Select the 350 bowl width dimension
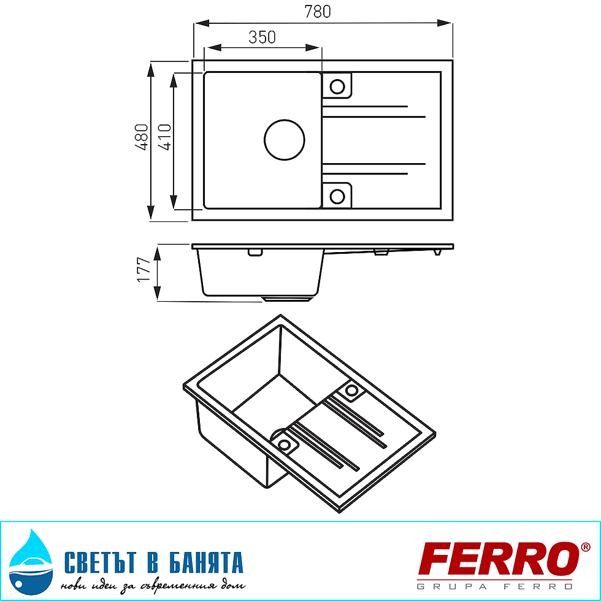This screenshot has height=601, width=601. click(x=262, y=37)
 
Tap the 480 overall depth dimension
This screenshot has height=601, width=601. click(x=142, y=137)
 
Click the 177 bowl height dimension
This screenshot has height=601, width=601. click(x=144, y=269)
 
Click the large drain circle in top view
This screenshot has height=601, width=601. click(x=284, y=139)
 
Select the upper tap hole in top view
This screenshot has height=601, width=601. click(x=337, y=86)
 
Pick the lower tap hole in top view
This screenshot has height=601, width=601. click(x=337, y=196)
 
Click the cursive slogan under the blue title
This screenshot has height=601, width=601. click(x=153, y=585)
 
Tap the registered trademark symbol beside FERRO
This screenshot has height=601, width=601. click(x=586, y=546)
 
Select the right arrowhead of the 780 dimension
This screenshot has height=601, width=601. click(x=448, y=23)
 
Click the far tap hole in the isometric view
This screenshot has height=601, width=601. click(x=352, y=390)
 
